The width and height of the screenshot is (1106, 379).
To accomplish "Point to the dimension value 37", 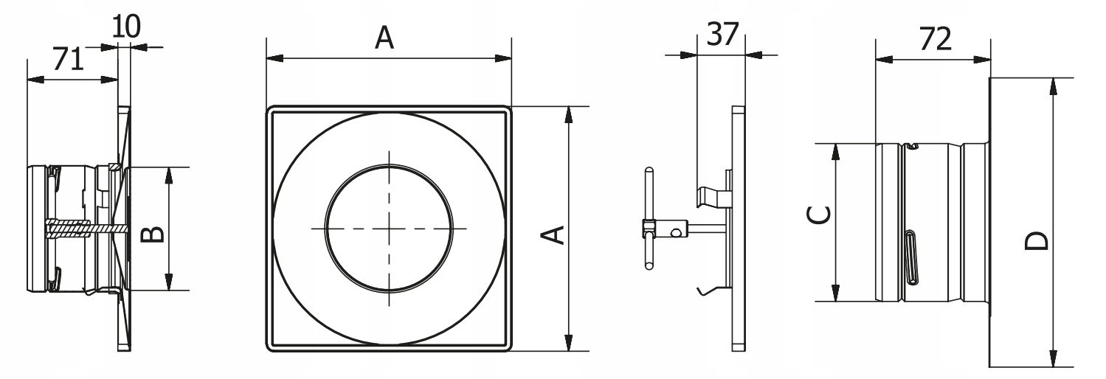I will [722, 35].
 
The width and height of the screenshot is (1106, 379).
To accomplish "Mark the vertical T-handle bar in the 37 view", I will [647, 215].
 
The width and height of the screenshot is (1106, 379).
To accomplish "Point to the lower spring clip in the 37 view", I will [710, 290].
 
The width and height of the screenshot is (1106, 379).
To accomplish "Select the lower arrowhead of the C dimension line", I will [835, 293].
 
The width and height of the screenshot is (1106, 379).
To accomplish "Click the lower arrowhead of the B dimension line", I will [169, 282].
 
